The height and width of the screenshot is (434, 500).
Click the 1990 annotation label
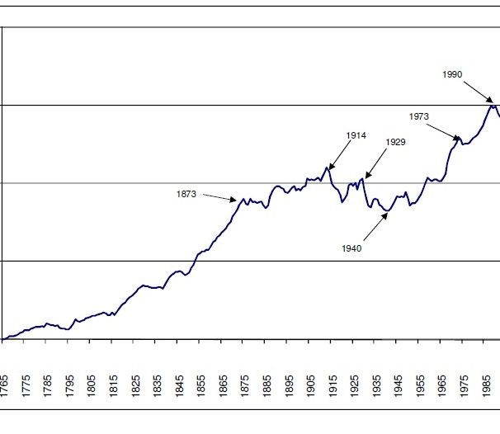pyautogui.click(x=451, y=74)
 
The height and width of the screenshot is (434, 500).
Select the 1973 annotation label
pyautogui.click(x=418, y=116)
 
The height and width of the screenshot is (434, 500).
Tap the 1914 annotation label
pyautogui.click(x=356, y=136)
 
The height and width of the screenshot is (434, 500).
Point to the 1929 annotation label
pyautogui.click(x=395, y=143)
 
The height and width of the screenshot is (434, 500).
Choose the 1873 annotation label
pyautogui.click(x=186, y=194)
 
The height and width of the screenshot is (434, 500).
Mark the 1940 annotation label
pyautogui.click(x=351, y=248)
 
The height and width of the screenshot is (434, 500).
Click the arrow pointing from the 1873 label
pyautogui.click(x=219, y=197)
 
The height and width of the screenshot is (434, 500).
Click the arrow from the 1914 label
pyautogui.click(x=339, y=156)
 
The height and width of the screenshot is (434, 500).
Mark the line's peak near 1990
pyautogui.click(x=493, y=106)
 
